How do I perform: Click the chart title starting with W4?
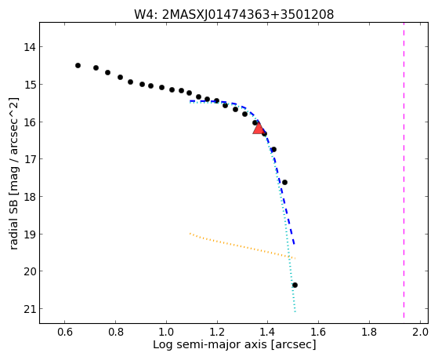[233, 14]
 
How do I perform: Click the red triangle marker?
[259, 128]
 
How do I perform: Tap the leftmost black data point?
[78, 65]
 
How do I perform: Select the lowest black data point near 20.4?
[295, 285]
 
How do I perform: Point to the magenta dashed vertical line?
[404, 170]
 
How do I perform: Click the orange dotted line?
[242, 246]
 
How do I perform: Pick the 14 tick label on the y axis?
[30, 47]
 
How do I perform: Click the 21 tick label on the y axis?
[30, 309]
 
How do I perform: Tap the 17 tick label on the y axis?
[30, 159]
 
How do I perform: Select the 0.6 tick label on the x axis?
[65, 332]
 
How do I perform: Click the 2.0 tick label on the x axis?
[421, 332]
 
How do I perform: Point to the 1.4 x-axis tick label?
[268, 332]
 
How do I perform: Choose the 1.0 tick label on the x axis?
[166, 332]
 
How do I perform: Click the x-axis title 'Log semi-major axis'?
[210, 344]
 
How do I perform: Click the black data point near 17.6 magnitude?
[284, 183]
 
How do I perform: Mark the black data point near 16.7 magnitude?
[273, 149]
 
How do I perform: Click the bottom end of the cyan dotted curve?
[295, 312]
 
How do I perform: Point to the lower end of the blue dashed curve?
[294, 244]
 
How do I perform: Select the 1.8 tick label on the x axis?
[370, 332]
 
